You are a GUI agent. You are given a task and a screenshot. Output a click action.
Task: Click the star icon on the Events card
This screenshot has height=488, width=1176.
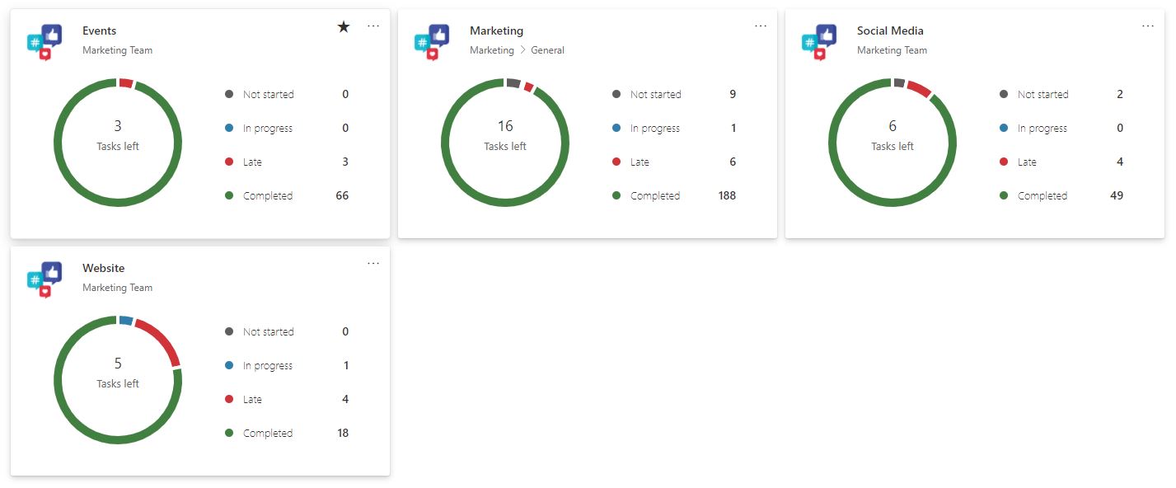[344, 27]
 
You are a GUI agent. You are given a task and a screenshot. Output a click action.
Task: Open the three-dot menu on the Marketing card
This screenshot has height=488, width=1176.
[761, 26]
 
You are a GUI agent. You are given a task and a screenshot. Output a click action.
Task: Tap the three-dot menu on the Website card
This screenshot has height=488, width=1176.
[373, 263]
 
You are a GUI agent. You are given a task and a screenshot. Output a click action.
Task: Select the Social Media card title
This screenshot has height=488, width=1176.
[890, 30]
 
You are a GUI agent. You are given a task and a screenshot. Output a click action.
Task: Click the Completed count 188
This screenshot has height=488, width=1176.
[726, 195]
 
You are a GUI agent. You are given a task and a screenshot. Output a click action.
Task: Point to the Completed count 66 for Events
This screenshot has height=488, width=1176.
[343, 195]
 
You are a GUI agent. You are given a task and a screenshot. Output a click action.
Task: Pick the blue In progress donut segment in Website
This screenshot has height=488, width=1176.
[125, 321]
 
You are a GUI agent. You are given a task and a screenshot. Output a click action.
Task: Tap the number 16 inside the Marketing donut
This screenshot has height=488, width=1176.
[505, 126]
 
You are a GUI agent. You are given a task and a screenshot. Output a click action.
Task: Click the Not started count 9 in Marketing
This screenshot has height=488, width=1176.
[733, 94]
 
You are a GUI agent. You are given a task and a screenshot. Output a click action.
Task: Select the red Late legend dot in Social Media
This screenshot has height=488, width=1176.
[1004, 162]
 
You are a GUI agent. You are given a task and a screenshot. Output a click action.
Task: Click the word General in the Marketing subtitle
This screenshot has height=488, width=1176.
[547, 50]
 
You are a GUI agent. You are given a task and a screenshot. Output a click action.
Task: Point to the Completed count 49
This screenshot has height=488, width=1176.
[1117, 195]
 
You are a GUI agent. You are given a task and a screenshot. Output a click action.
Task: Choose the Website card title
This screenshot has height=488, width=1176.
[104, 268]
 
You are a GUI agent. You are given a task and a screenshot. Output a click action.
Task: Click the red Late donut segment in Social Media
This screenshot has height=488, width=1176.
[919, 88]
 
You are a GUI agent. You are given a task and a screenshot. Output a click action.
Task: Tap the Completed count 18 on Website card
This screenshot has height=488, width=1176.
[343, 433]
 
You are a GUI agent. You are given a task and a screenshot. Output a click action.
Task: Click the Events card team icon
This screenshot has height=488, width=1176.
[45, 41]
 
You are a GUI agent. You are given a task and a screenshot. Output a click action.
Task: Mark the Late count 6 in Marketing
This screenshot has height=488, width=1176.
[733, 162]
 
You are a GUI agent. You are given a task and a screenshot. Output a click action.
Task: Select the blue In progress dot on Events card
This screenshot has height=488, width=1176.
[229, 128]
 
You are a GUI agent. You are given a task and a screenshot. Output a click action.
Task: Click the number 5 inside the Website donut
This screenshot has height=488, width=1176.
[118, 364]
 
